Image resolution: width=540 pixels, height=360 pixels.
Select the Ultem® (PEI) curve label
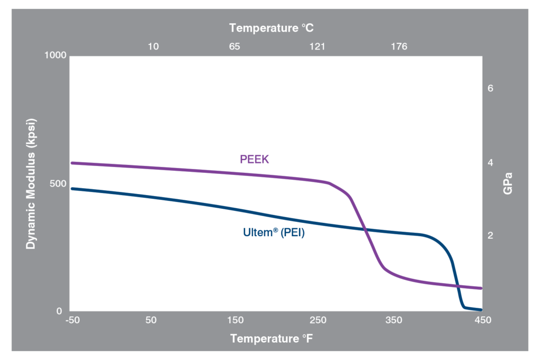click(x=274, y=232)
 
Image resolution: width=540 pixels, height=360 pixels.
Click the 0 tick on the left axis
click(x=60, y=312)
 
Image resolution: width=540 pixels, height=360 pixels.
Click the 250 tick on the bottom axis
click(x=318, y=320)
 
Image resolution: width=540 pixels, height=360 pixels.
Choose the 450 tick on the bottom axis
click(x=481, y=320)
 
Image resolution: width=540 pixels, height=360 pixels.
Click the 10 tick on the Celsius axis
click(x=153, y=46)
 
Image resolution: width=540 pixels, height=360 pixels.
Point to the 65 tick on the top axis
click(x=235, y=46)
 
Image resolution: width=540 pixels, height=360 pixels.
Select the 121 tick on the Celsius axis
click(x=317, y=46)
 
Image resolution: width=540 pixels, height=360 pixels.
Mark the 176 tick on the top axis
click(x=399, y=46)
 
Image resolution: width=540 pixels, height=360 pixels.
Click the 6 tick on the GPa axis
click(x=490, y=89)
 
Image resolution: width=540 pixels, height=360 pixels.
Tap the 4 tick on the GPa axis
click(x=490, y=163)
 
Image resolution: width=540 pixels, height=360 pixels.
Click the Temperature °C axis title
click(x=272, y=27)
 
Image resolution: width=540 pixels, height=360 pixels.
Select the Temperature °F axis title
click(x=272, y=338)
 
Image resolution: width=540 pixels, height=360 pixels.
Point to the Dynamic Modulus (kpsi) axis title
click(x=32, y=184)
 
